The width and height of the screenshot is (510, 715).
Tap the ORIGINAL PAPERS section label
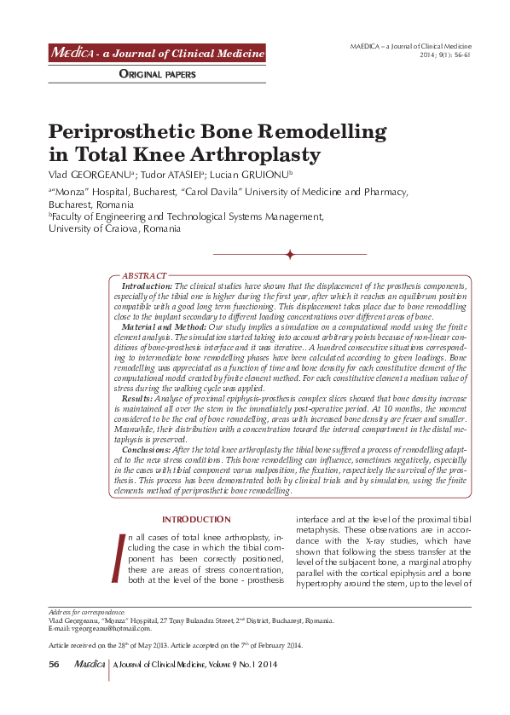click(x=157, y=74)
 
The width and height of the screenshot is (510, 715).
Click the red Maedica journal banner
click(x=157, y=54)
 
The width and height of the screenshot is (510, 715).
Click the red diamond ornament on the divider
click(x=290, y=254)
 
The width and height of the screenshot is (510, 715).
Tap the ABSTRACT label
click(x=144, y=276)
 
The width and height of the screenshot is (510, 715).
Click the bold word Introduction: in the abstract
click(x=147, y=286)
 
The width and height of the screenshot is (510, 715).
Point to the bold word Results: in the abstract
click(x=138, y=398)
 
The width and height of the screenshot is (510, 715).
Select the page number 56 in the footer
click(x=54, y=665)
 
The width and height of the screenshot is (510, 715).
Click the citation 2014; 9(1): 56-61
click(x=444, y=54)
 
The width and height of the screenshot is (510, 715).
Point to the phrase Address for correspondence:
click(x=86, y=613)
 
